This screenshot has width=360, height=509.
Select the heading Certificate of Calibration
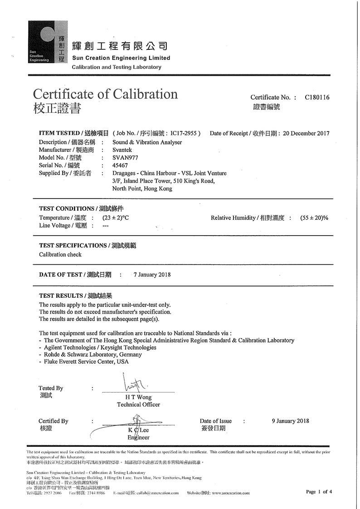point(105,94)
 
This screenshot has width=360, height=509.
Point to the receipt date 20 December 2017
point(306,133)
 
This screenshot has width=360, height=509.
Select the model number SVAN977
point(125,158)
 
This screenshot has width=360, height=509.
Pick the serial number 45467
point(120,165)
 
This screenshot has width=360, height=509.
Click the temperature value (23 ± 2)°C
point(119,218)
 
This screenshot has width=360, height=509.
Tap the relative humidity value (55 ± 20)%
point(314,218)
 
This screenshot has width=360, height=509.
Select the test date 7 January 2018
point(152,275)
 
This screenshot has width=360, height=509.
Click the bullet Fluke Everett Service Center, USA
point(86,362)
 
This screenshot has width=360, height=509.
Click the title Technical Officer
point(138,404)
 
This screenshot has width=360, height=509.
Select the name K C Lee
point(138,430)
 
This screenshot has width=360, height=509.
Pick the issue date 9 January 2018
point(290,421)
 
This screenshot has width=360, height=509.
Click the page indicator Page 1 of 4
point(319,491)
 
